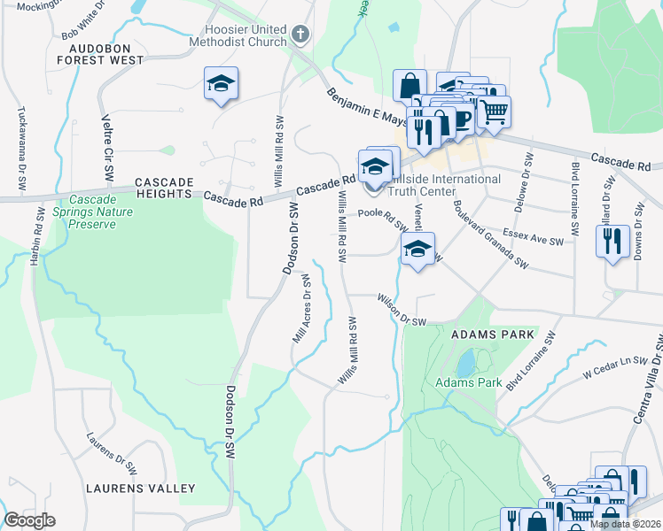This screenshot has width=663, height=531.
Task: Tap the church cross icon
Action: click(300, 35)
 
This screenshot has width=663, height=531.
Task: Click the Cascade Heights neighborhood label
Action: click(164, 182)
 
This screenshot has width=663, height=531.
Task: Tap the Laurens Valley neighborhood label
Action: click(140, 489)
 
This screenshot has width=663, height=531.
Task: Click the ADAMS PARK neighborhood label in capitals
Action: click(493, 335)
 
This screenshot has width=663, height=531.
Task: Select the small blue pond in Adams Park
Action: click(464, 363)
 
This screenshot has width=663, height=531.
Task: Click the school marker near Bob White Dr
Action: click(221, 84)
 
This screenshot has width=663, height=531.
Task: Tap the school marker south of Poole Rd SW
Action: click(417, 249)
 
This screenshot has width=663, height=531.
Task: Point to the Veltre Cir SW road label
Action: click(107, 142)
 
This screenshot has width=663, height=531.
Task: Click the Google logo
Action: click(29, 520)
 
